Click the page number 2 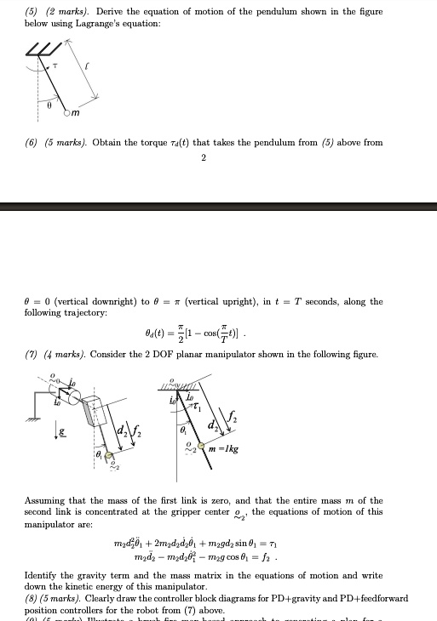point(204,157)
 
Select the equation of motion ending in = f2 point(216,556)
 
